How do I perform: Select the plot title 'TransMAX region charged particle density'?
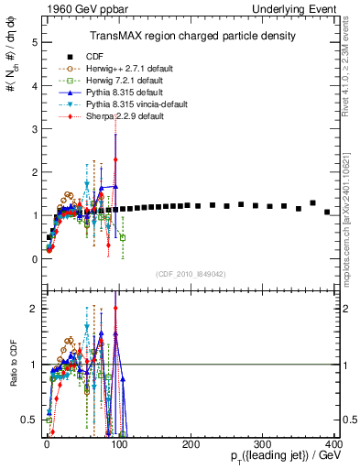pyautogui.click(x=191, y=36)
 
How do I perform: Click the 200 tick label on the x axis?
pyautogui.click(x=191, y=444)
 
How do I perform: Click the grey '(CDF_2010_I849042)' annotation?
pyautogui.click(x=191, y=274)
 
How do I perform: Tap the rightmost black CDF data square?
pyautogui.click(x=327, y=212)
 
